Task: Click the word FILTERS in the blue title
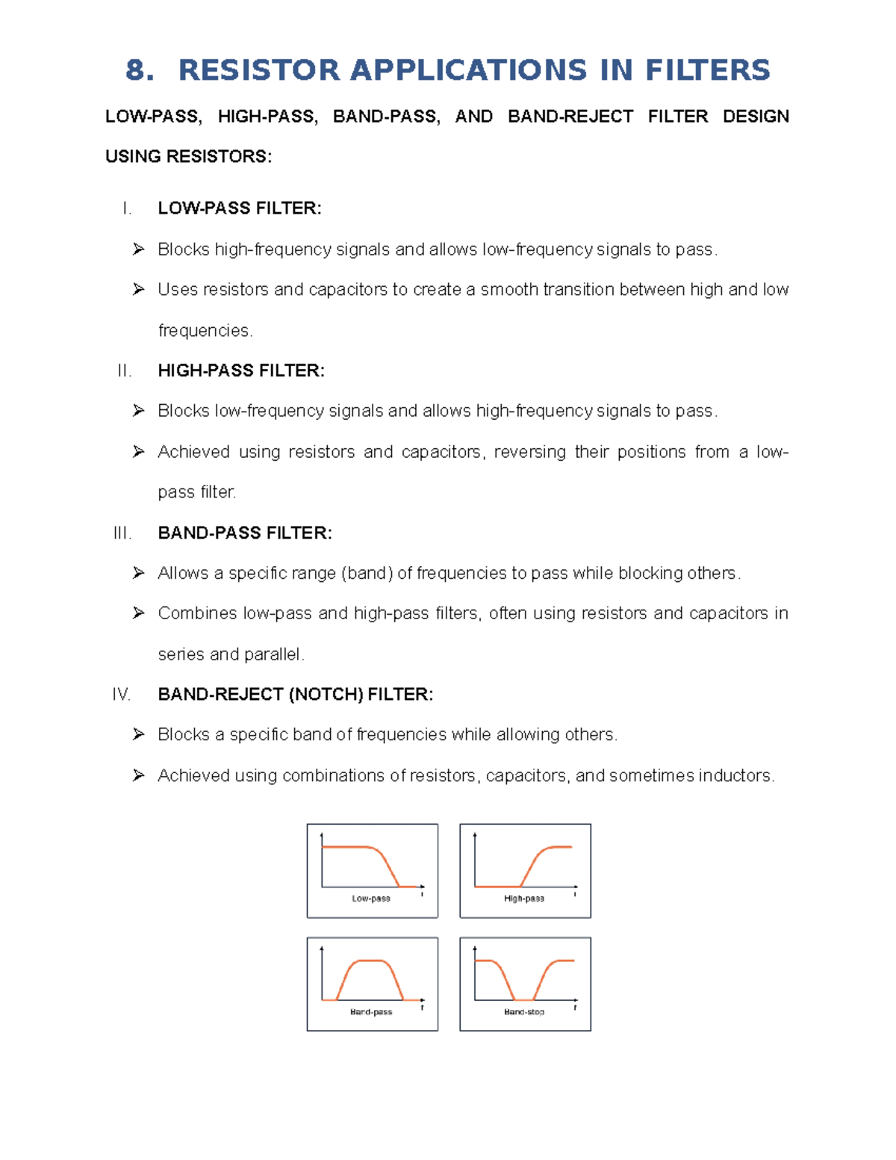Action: coord(707,70)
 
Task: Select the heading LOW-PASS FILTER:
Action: coord(240,208)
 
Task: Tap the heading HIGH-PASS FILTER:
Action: coord(241,370)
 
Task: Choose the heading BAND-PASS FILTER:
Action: coord(245,533)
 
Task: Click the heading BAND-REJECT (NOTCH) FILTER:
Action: coord(295,695)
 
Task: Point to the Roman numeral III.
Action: coord(122,533)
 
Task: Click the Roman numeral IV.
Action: coord(121,695)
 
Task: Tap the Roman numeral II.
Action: coord(124,370)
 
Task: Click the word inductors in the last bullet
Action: coord(735,776)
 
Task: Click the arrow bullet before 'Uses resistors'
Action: coord(138,289)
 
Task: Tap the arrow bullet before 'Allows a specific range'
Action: coord(138,573)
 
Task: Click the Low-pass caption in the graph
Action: coord(371,899)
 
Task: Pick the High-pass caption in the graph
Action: coord(524,899)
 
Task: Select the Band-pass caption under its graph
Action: coord(371,1012)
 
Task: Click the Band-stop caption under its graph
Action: coord(524,1012)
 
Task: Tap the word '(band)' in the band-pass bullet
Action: coord(367,573)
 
